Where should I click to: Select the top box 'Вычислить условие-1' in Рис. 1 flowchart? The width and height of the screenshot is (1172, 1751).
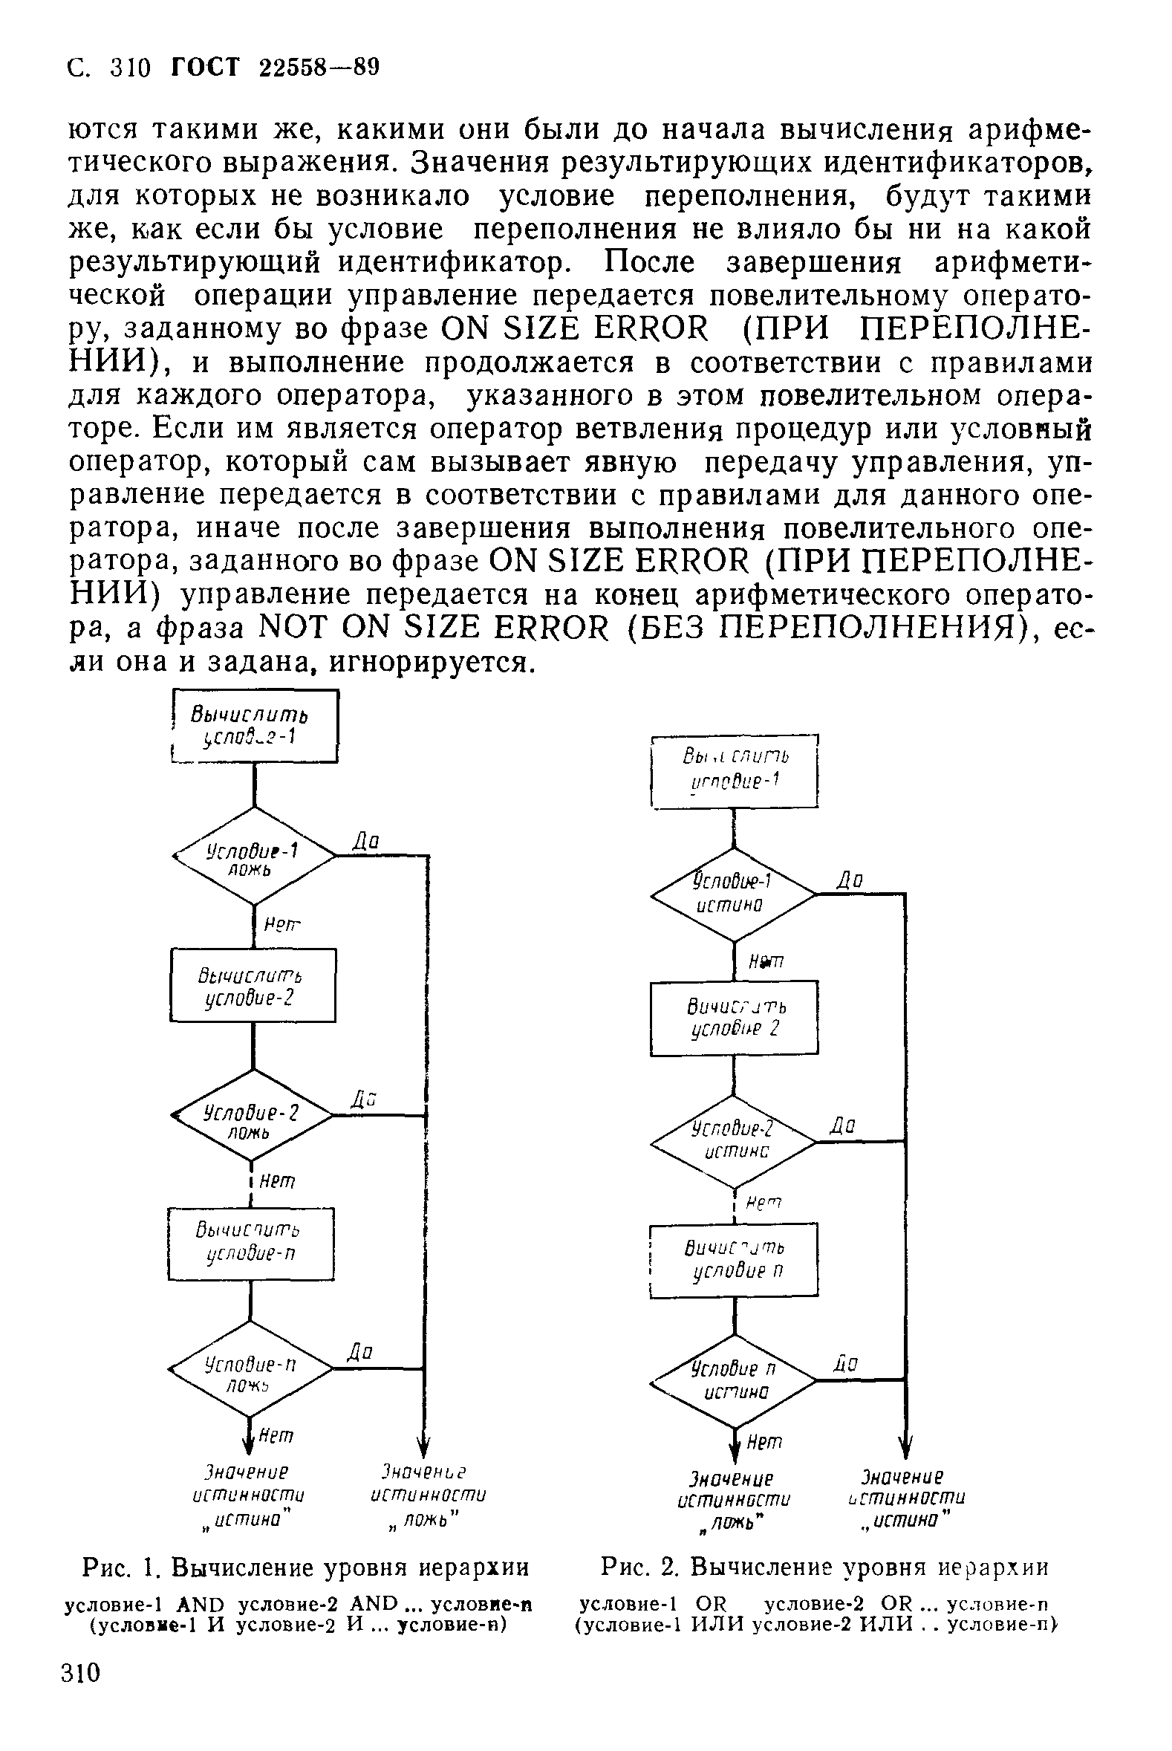(x=255, y=726)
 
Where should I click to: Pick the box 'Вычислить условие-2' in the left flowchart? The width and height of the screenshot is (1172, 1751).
(x=253, y=985)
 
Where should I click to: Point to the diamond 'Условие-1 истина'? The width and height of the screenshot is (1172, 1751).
(x=733, y=894)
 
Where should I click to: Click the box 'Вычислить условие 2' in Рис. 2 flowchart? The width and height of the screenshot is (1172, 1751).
(x=734, y=1019)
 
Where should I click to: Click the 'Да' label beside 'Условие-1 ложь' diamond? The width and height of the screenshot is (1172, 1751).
(x=366, y=842)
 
